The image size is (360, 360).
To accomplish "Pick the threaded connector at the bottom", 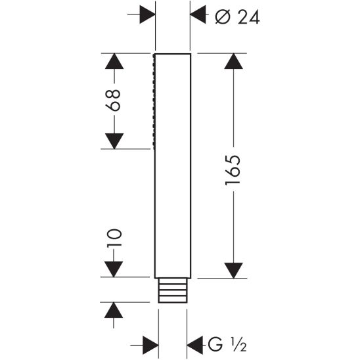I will [173, 290].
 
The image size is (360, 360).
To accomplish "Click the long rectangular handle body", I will [173, 164].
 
